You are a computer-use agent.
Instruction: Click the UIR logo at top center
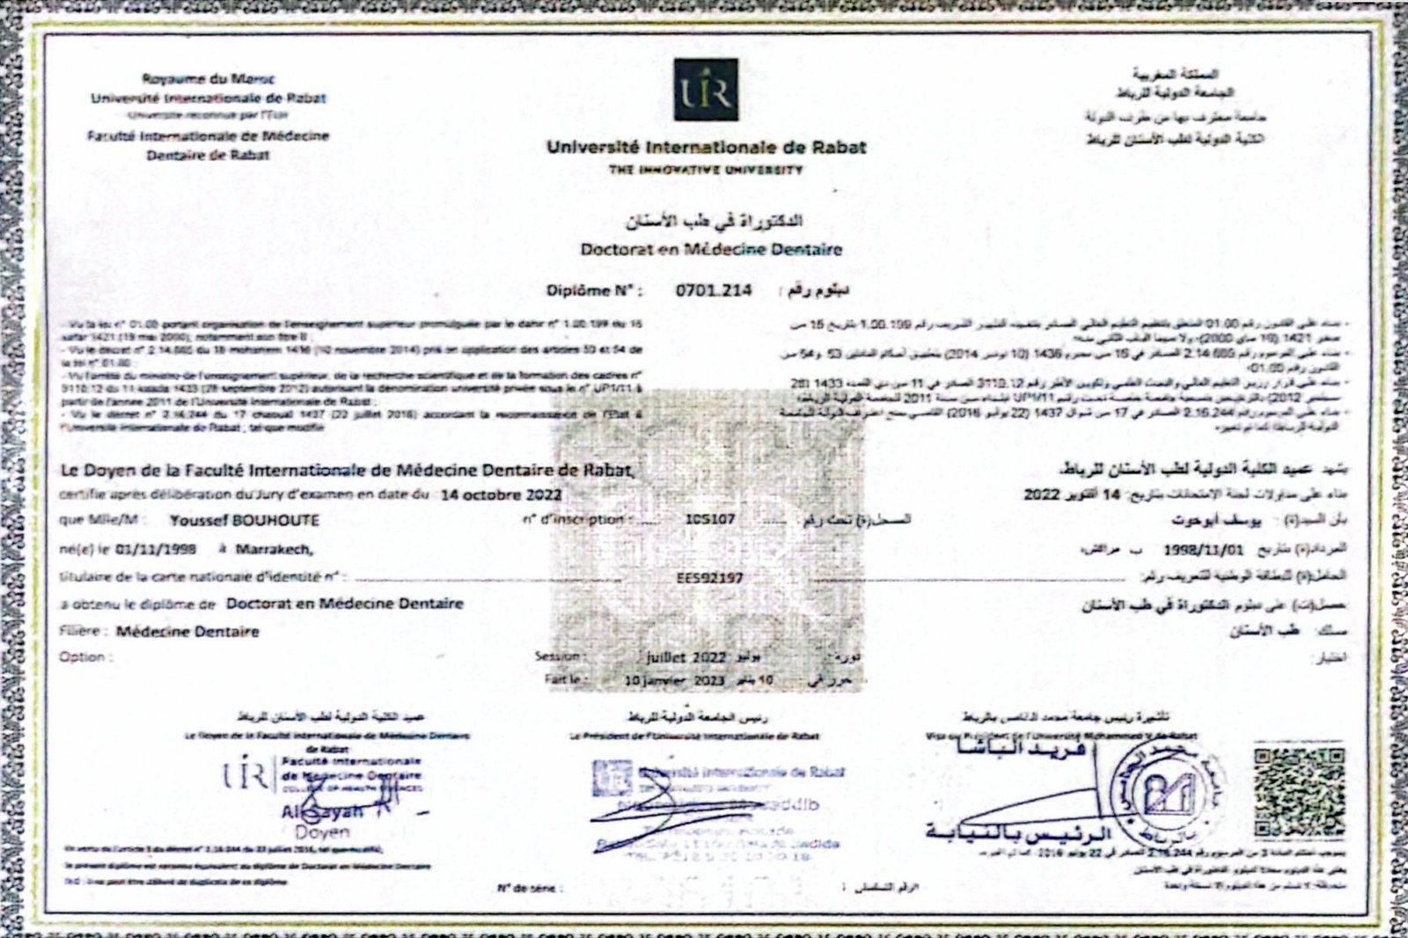(706, 90)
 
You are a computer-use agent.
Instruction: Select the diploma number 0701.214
(714, 290)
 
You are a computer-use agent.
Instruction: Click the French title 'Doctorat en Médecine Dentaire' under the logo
(711, 249)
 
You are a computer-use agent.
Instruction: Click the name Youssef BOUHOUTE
(245, 520)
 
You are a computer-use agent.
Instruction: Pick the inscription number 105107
(710, 519)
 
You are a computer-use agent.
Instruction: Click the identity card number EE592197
(710, 578)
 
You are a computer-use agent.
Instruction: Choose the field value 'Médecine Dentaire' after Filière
(187, 632)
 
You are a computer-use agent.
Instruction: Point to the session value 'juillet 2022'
(686, 657)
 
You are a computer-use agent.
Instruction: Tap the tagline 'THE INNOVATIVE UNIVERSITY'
(706, 170)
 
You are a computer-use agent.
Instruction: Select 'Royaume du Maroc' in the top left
(209, 79)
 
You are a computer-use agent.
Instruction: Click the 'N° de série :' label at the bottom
(525, 888)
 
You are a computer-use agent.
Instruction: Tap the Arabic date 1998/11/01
(1204, 549)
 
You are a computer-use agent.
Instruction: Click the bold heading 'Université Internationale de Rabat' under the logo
(706, 148)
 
